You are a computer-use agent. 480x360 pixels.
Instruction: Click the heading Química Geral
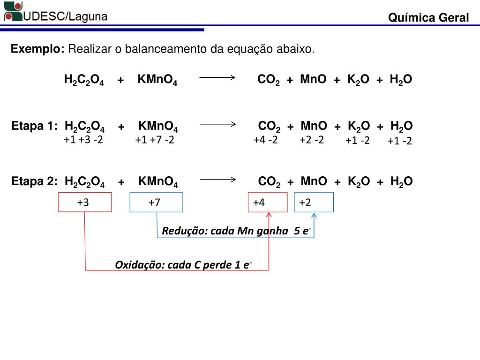(x=428, y=18)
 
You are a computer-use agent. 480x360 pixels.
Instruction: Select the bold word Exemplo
(x=37, y=49)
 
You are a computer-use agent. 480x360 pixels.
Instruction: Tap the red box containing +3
(x=85, y=202)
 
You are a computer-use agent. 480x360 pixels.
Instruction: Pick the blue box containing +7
(x=156, y=202)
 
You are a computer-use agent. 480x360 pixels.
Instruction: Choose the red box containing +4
(x=267, y=202)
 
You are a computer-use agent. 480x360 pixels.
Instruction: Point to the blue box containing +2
(x=314, y=202)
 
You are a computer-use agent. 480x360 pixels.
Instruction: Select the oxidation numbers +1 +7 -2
(x=155, y=140)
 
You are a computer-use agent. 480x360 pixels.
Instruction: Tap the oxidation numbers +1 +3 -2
(x=83, y=140)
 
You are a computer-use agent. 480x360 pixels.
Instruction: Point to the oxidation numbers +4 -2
(x=265, y=140)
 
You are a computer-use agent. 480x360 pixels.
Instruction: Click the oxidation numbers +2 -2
(x=312, y=140)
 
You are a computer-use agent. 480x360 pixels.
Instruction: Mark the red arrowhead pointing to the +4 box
(x=269, y=215)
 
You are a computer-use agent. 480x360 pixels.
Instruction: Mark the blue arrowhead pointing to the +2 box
(x=314, y=216)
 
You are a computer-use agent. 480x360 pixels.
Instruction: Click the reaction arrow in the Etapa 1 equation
(x=218, y=124)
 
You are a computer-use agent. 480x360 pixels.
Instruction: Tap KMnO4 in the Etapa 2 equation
(x=158, y=182)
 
